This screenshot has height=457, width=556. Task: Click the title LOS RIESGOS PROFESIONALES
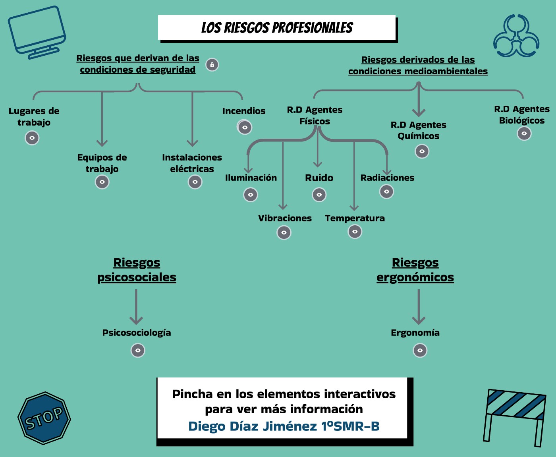pos(277,28)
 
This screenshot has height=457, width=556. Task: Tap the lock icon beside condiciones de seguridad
pos(212,65)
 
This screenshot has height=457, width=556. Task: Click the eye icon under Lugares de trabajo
pos(32,138)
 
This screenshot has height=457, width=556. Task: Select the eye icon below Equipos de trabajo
pos(102,182)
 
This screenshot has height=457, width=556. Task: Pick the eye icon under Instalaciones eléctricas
pos(195,182)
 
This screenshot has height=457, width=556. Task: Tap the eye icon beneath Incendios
pos(245,127)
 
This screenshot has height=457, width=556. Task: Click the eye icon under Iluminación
pos(251,195)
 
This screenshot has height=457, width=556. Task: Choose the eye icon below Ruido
pos(319,195)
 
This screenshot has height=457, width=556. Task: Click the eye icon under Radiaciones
pos(387,192)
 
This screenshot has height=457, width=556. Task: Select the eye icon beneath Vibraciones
pos(284,232)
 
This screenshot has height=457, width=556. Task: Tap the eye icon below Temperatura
pos(355,231)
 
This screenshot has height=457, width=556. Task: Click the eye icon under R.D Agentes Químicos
pos(422,151)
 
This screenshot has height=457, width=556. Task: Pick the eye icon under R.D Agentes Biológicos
pos(524,133)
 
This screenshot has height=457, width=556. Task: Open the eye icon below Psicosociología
pos(138,350)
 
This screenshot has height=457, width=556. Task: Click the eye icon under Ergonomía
pos(420,350)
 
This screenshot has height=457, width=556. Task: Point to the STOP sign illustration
pos(44,418)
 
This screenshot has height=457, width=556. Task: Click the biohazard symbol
pos(516,36)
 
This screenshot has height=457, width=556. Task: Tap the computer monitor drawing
pos(37,32)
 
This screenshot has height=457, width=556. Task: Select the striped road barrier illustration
pos(514,418)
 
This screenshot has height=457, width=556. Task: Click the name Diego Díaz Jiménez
pos(253,426)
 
